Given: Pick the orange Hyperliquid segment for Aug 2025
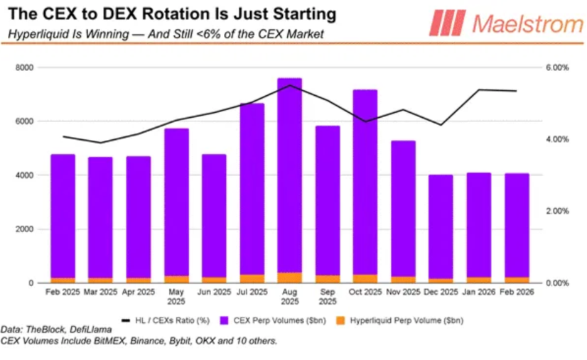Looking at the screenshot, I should pos(289,278).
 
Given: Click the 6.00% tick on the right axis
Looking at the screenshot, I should pos(556,67).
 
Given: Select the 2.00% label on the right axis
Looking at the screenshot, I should pos(556,211).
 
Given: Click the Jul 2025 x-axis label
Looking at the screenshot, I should pos(252,292).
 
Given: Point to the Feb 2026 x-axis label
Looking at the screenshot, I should pos(517,292).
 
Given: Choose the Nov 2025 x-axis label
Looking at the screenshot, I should pos(403,292).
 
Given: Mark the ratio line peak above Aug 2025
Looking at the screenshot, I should pos(289,85).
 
